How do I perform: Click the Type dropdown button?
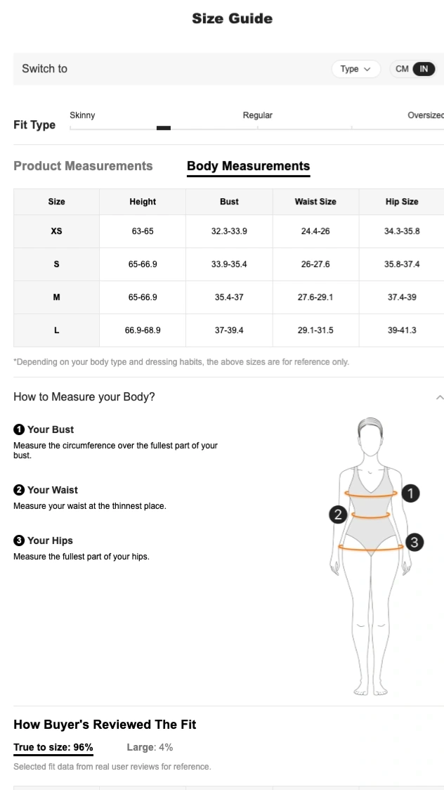(355, 69)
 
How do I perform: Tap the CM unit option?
(402, 69)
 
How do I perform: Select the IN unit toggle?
(424, 69)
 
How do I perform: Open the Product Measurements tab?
(83, 166)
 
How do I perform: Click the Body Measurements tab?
(248, 166)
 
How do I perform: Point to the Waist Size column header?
(315, 202)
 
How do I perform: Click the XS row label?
(56, 231)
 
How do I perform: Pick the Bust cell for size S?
(229, 264)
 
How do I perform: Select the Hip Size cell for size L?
(402, 330)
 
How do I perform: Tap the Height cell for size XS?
(143, 231)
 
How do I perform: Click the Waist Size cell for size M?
(315, 297)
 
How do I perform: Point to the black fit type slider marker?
(164, 128)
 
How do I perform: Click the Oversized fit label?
(425, 115)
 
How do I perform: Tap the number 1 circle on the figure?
(410, 493)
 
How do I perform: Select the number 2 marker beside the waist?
(338, 514)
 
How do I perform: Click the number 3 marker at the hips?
(414, 542)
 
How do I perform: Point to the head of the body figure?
(370, 438)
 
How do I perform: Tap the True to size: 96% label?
(53, 747)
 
